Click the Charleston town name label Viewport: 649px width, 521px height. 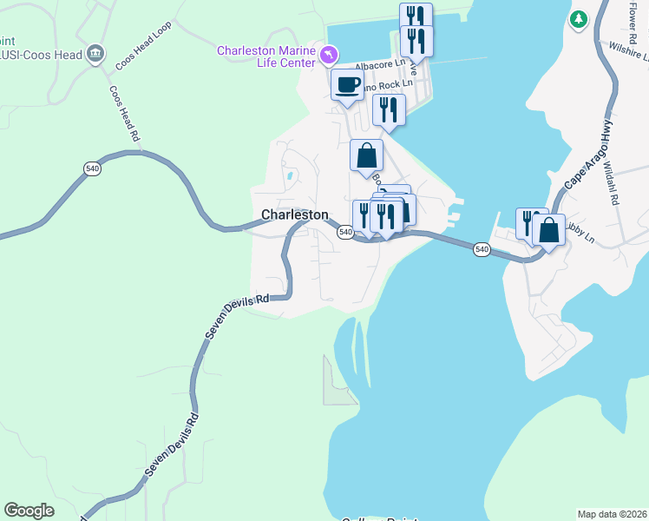295,214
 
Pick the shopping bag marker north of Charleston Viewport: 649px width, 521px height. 366,156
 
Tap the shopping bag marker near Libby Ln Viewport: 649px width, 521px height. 548,232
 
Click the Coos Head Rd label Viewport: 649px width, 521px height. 124,113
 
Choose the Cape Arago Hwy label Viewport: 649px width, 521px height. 589,153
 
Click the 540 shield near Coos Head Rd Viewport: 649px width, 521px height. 92,168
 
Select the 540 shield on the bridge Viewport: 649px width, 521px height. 482,250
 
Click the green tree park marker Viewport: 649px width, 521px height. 578,19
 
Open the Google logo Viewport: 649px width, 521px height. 29,511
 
